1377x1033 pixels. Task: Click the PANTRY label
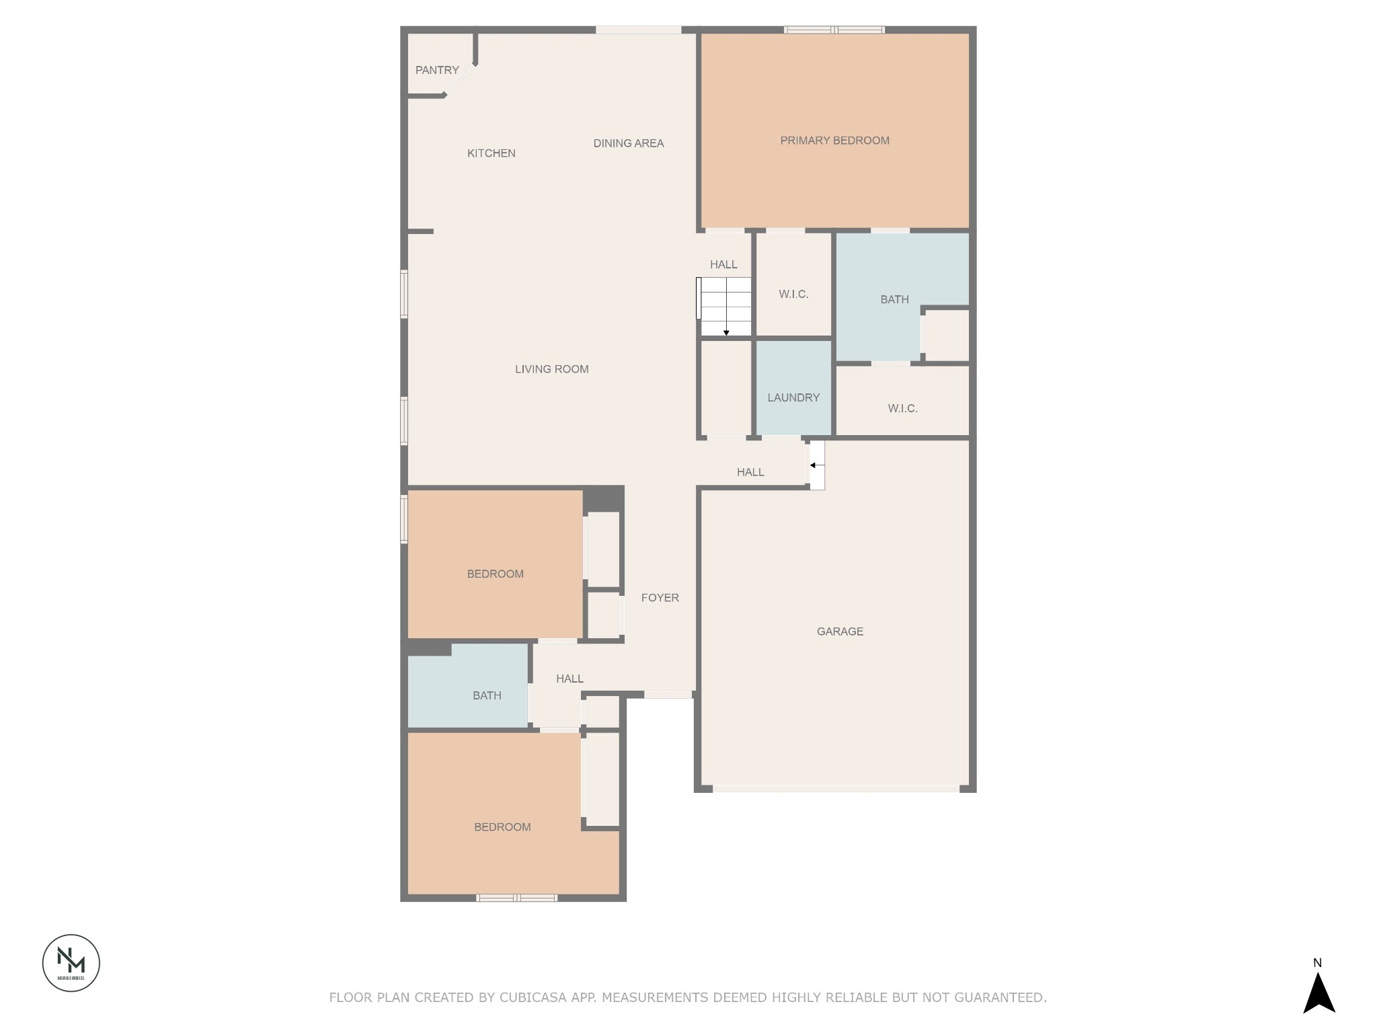pos(437,70)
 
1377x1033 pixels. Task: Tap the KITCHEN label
pos(491,153)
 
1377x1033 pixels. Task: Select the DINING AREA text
pos(629,143)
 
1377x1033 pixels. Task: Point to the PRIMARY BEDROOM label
pos(834,141)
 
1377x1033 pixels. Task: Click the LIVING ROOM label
pos(552,369)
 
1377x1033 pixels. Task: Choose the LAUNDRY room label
pos(793,397)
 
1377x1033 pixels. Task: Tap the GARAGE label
pos(840,632)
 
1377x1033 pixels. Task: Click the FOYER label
pos(660,598)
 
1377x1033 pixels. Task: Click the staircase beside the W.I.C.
pos(725,307)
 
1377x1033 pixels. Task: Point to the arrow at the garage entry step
pos(816,465)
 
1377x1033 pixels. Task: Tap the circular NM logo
pos(71,962)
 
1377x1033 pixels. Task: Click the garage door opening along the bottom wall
pos(836,788)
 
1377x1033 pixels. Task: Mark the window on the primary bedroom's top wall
pos(834,30)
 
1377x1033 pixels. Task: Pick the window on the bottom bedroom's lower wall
pos(516,898)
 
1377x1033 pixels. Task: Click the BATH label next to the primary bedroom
pos(894,299)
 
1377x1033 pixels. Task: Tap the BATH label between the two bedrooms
pos(487,695)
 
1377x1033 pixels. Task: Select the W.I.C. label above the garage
pos(902,408)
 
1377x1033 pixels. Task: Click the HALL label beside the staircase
pos(723,264)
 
